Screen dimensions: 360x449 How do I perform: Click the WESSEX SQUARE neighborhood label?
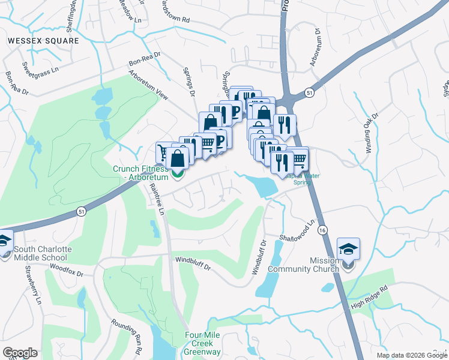coord(43,41)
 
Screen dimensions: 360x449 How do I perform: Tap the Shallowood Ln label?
coord(297,232)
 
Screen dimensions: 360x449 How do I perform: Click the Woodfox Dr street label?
coord(65,265)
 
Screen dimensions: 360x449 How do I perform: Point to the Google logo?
coord(20,353)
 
